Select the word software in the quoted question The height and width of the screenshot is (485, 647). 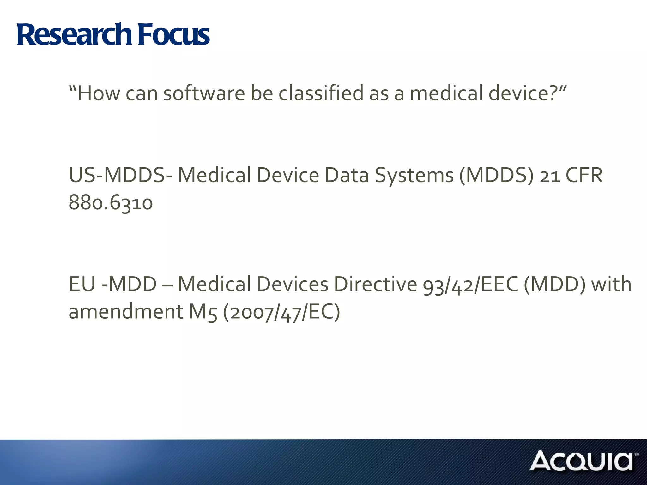pyautogui.click(x=204, y=93)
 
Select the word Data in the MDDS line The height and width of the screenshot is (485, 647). pyautogui.click(x=347, y=175)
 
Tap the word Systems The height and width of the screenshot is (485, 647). pyautogui.click(x=414, y=176)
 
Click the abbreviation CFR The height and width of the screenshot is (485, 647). pyautogui.click(x=584, y=175)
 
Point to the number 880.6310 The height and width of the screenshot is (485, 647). pyautogui.click(x=111, y=203)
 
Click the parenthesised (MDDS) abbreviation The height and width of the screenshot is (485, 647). pyautogui.click(x=496, y=175)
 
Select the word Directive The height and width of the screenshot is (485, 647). pyautogui.click(x=376, y=284)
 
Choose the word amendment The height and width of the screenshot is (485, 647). pyautogui.click(x=126, y=312)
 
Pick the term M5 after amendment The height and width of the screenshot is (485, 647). pyautogui.click(x=203, y=312)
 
